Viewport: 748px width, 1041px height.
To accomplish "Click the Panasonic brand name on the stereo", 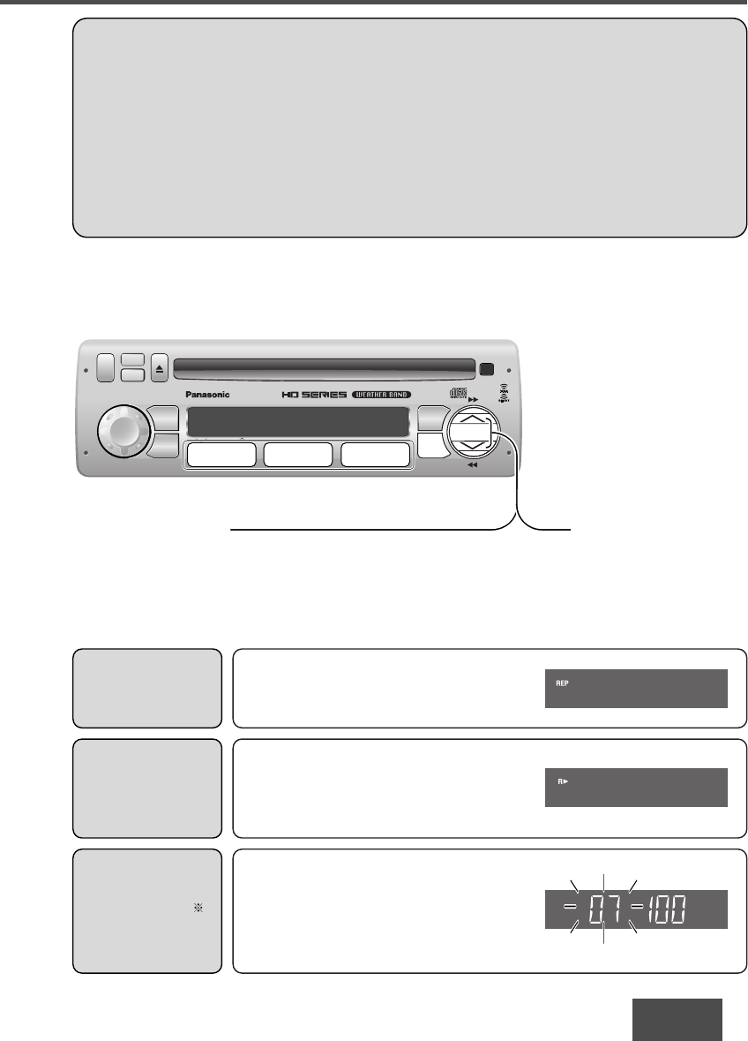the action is (206, 395).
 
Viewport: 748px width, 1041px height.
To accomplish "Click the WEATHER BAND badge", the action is (379, 394).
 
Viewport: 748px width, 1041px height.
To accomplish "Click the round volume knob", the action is (123, 430).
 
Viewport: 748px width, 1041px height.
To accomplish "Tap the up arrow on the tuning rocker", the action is (475, 421).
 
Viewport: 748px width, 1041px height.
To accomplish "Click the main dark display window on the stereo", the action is (299, 422).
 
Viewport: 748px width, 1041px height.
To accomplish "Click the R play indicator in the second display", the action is (560, 781).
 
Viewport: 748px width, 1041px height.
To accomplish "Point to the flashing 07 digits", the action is (602, 909).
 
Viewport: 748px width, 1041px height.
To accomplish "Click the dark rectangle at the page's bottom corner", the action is (677, 1020).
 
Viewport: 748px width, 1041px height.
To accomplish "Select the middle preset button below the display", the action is (298, 455).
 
